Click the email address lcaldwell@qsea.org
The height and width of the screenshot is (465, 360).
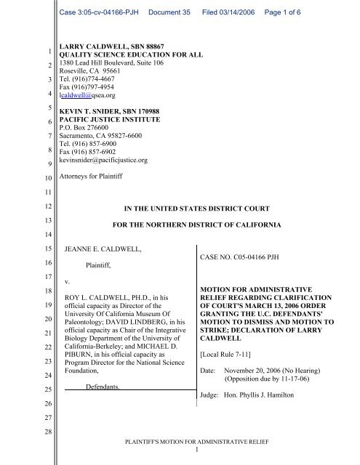click(78, 94)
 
